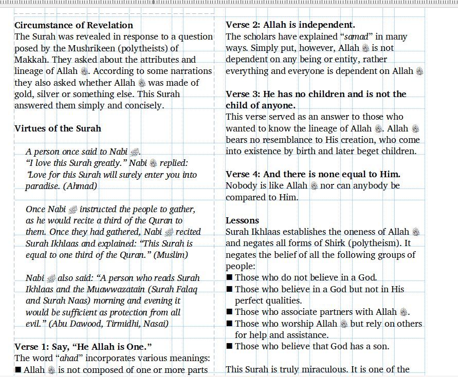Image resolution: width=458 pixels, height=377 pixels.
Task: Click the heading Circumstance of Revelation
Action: (74, 25)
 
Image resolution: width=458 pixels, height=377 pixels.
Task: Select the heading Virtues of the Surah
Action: (58, 128)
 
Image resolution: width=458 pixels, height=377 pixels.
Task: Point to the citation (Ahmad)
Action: (80, 186)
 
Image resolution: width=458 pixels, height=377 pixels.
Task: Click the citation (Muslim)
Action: (171, 255)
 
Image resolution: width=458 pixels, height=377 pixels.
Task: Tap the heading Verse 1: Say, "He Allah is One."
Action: (83, 347)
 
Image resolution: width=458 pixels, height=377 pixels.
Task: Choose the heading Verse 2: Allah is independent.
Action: (290, 25)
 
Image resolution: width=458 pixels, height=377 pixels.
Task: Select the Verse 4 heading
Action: (313, 174)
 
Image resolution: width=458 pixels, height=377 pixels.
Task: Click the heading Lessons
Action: (242, 220)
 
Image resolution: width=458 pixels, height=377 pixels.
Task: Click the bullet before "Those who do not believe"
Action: (229, 278)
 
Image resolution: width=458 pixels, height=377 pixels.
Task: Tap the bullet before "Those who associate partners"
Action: (229, 312)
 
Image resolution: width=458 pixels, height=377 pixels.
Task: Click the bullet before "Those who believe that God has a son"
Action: (229, 347)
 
